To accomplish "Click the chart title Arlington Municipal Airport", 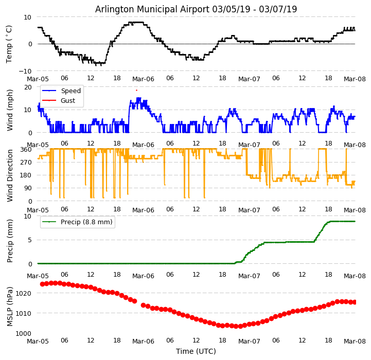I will click(196, 9).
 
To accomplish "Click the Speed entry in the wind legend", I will click(70, 91).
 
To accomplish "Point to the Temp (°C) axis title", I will click(9, 44).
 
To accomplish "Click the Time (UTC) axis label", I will click(196, 351).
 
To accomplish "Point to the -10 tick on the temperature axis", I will click(27, 71).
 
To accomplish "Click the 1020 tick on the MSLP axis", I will click(25, 293).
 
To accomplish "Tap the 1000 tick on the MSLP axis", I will click(25, 333).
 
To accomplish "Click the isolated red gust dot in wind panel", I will click(136, 91).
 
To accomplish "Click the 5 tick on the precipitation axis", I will click(30, 240).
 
